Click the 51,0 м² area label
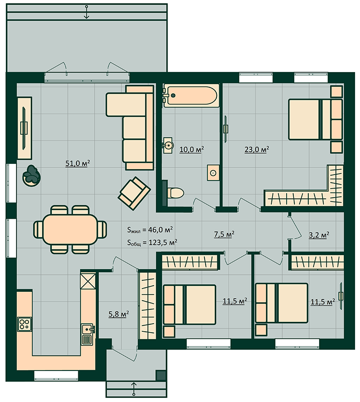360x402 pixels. [78, 163]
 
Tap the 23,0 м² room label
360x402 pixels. [257, 149]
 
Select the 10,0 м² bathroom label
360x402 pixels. [192, 149]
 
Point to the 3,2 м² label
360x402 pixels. [319, 235]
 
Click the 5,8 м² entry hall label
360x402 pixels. [119, 314]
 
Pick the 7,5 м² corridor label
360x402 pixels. [224, 234]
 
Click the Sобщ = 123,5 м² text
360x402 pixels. [152, 242]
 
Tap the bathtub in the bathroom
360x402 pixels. [191, 95]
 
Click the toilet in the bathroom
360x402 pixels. [175, 193]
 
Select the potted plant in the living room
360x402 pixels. [31, 176]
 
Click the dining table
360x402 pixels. [70, 230]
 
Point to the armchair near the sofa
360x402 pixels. [134, 193]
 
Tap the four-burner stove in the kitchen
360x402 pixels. [25, 324]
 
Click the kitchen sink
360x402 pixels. [88, 334]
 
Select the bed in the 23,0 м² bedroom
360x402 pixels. [315, 119]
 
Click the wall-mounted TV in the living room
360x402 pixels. [24, 128]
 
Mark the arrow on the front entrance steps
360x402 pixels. [134, 389]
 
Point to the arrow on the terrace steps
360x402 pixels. [86, 12]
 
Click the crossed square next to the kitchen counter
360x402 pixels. [88, 281]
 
